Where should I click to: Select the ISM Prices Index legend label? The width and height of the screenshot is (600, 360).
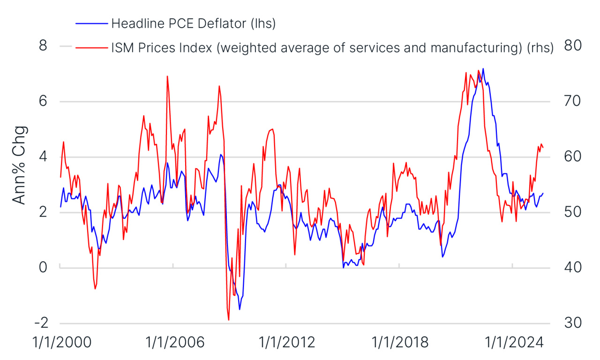pyautogui.click(x=332, y=47)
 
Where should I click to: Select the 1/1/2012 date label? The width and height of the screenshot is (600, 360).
pyautogui.click(x=286, y=342)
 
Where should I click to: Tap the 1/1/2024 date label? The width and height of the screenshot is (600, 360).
pyautogui.click(x=512, y=342)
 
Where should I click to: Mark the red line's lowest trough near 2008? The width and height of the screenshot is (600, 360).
pyautogui.click(x=229, y=320)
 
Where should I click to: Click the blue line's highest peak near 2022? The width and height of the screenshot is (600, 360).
pyautogui.click(x=483, y=68)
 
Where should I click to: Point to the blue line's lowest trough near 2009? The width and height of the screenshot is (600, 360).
pyautogui.click(x=240, y=309)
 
